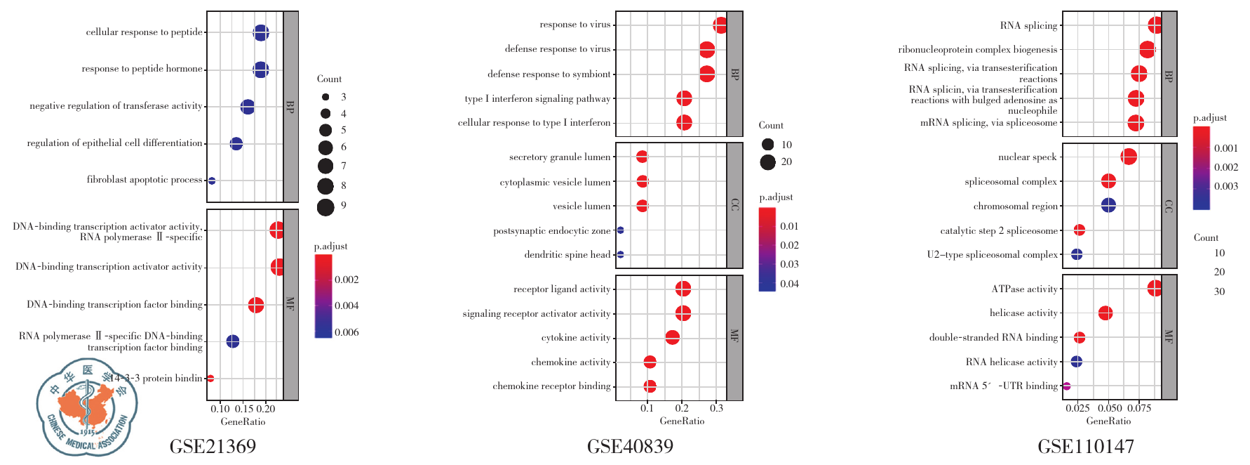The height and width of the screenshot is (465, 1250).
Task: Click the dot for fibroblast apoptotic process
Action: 212,181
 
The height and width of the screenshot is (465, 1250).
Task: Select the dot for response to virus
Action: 720,26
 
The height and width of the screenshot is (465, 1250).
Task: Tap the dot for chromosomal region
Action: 1108,206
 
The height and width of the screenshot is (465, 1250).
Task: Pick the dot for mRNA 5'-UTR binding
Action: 1067,386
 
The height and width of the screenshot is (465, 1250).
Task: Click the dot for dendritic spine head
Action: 620,254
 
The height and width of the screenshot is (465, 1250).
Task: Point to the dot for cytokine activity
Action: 672,338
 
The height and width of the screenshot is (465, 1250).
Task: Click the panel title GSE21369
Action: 213,447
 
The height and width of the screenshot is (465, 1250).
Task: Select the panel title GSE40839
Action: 630,447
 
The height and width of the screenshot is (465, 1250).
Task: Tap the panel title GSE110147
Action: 1085,447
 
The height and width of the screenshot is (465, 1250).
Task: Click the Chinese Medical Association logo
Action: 87,407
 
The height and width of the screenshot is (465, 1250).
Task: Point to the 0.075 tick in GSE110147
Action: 1139,408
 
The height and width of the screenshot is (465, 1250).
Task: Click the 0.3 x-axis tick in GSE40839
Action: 716,408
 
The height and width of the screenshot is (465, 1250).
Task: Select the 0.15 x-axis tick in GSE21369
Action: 243,409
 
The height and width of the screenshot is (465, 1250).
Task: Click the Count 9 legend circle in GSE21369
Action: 325,207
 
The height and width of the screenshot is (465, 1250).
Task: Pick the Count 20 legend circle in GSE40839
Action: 767,162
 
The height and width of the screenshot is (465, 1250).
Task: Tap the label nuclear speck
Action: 1027,157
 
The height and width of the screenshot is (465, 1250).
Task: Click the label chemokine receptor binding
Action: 551,386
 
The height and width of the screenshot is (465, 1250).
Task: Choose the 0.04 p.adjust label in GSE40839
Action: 789,284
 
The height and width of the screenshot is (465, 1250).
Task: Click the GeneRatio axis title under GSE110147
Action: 1108,421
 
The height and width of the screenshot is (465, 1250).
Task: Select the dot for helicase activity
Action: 1105,313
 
